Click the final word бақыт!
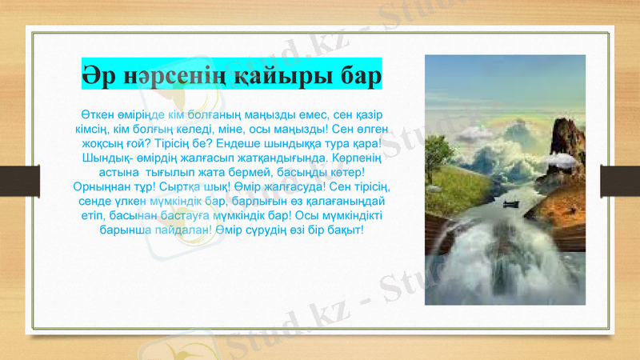[x=345, y=230]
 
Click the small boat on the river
[x=511, y=204]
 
